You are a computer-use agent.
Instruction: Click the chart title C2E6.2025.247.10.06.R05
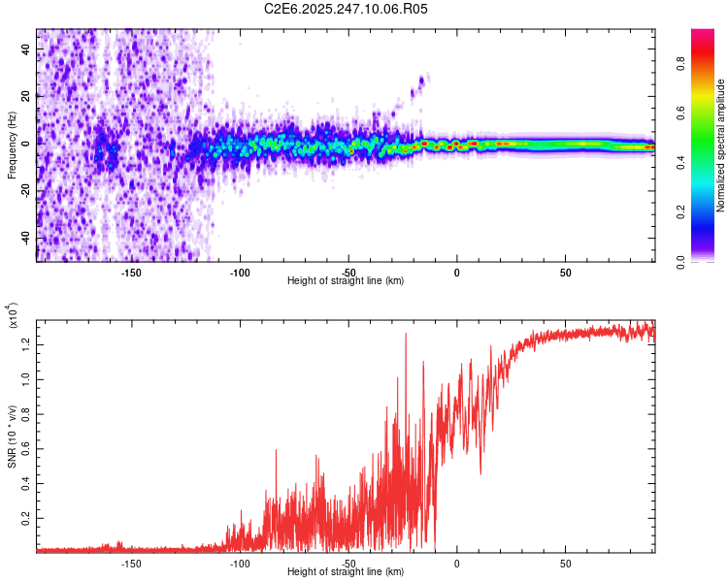[x=346, y=9]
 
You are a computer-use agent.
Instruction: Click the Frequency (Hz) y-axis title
[x=12, y=145]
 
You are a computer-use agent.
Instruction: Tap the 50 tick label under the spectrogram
[x=565, y=273]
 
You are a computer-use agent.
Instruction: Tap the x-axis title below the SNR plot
[x=346, y=572]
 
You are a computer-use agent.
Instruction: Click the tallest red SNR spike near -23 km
[x=406, y=335]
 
